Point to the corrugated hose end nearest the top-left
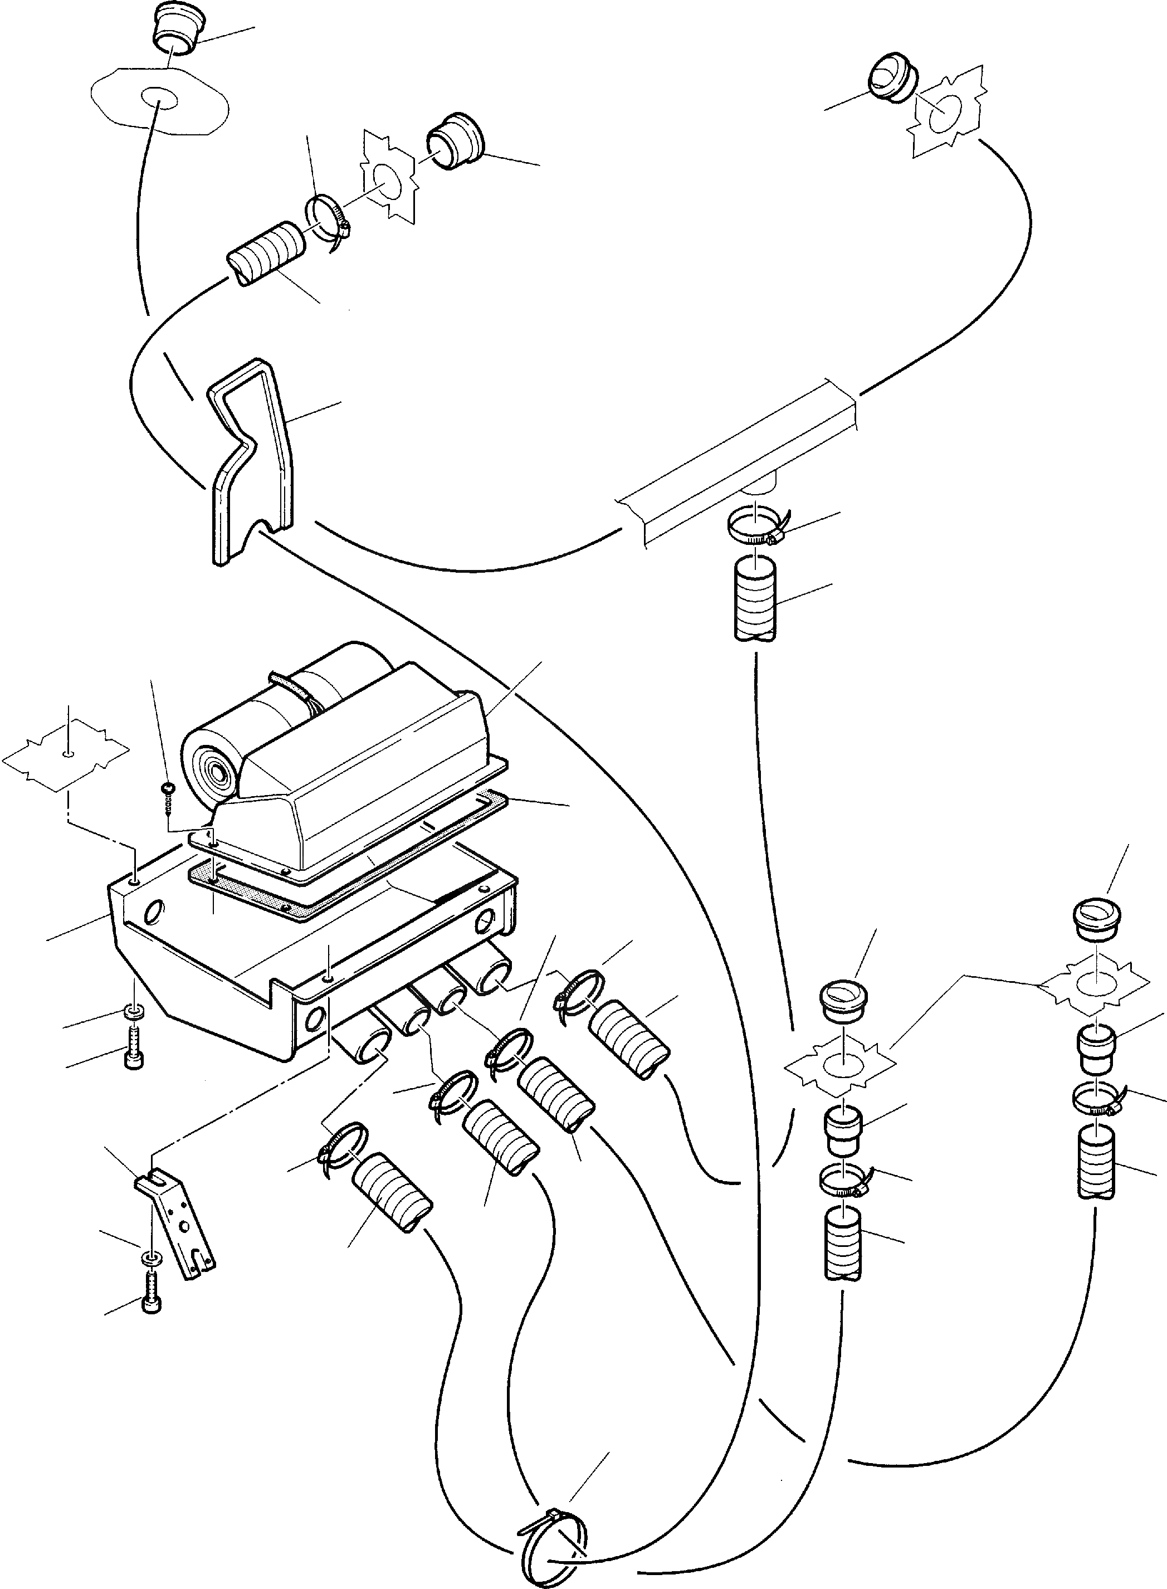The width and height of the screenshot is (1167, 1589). coord(266,255)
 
